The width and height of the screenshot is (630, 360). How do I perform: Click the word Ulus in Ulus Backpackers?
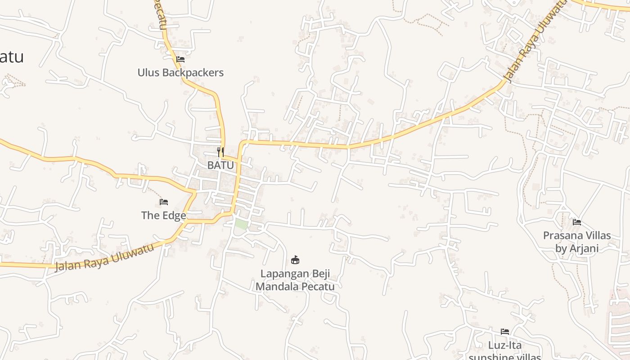(148, 72)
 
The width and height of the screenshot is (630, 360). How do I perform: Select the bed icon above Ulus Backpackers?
(180, 59)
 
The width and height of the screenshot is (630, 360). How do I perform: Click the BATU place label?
(220, 165)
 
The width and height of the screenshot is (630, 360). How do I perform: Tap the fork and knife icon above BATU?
(220, 151)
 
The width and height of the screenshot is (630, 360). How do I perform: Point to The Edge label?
(164, 216)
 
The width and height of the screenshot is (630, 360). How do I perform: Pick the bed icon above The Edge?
(164, 202)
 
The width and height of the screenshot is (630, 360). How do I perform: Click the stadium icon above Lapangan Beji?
(295, 260)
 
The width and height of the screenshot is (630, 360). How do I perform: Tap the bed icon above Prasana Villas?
(577, 222)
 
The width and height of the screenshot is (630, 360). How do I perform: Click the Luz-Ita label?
(505, 345)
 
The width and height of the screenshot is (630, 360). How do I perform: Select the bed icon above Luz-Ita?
(505, 332)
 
